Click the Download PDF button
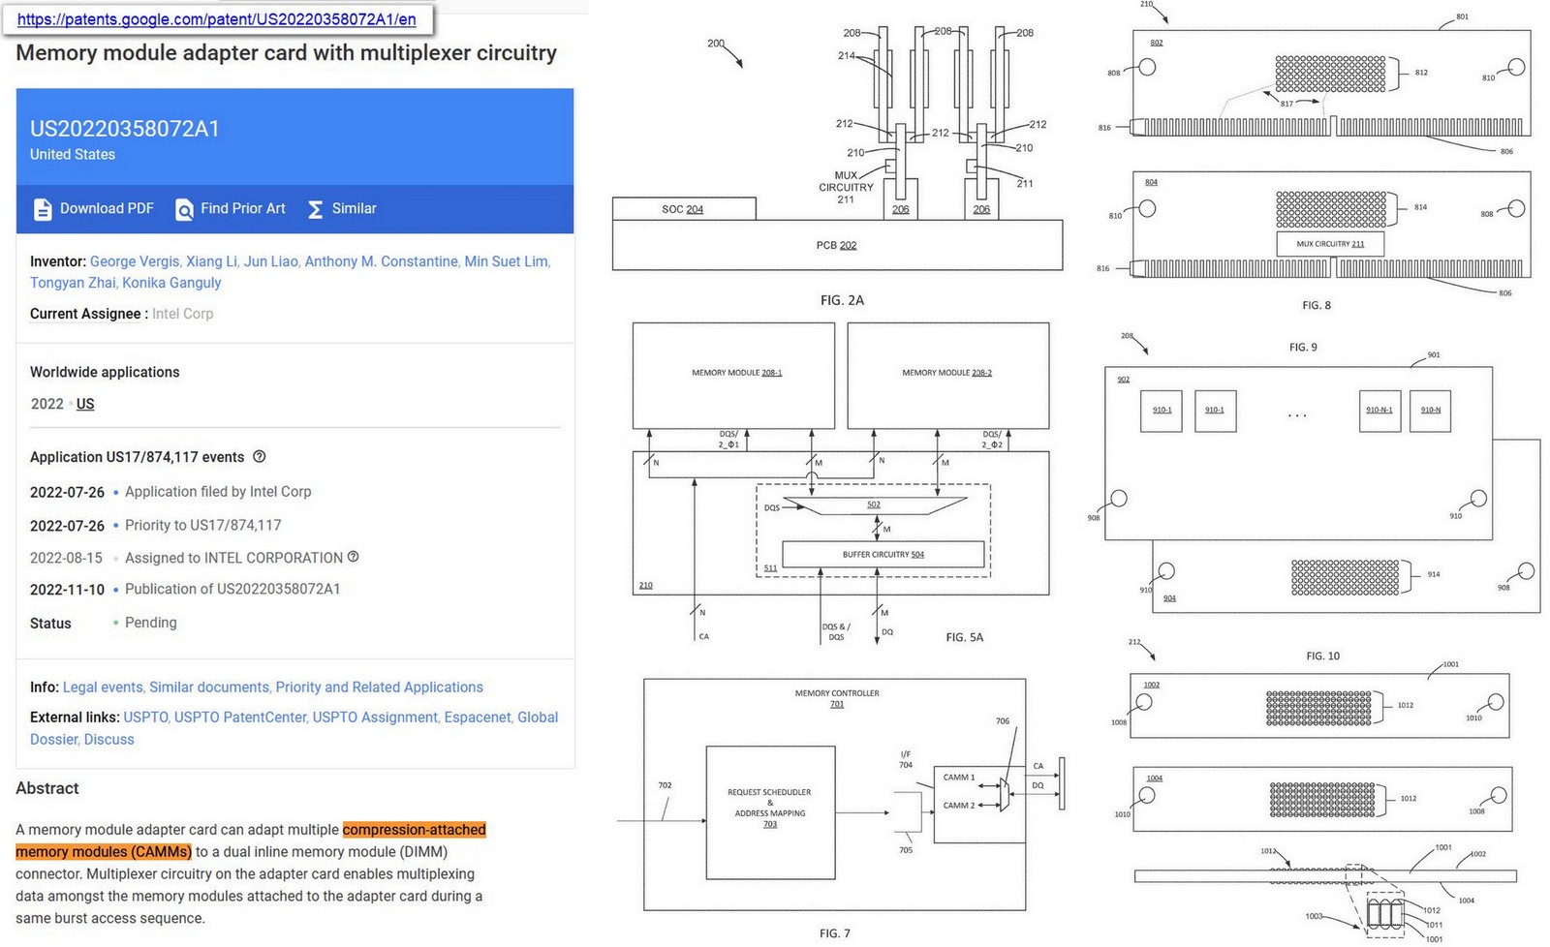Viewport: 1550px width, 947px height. pos(94,208)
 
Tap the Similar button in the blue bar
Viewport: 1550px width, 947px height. pos(342,208)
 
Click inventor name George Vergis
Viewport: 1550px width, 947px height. pos(134,261)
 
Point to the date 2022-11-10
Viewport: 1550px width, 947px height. pos(67,590)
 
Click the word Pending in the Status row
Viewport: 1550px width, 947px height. pos(150,623)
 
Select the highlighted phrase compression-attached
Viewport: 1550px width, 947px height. pos(414,830)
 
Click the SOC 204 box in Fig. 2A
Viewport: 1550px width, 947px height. pos(683,209)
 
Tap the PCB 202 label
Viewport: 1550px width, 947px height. pos(836,245)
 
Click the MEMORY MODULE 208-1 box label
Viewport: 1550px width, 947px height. pos(736,373)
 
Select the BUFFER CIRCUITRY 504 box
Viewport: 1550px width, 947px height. pos(883,555)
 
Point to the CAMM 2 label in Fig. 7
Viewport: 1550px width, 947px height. pos(959,806)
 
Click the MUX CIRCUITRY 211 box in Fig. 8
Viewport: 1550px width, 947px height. pos(1330,244)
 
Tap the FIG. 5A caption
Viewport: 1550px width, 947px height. pos(964,637)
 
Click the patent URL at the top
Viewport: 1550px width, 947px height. pos(217,18)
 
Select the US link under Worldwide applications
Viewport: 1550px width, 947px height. pos(85,404)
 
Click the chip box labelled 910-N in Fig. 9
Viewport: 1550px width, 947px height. pos(1430,411)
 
